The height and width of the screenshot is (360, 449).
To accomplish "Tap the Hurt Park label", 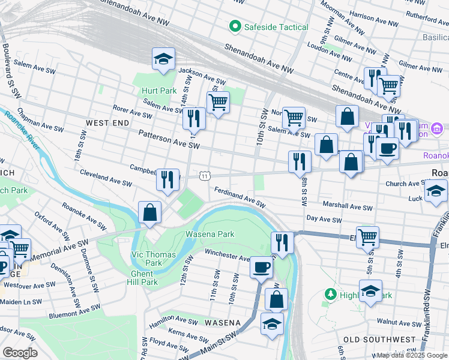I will pyautogui.click(x=159, y=91).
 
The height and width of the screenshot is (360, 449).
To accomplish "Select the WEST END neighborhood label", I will pyautogui.click(x=107, y=122).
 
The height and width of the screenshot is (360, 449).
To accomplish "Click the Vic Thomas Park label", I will pyautogui.click(x=154, y=259).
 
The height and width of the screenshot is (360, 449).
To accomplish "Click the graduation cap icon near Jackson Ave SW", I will pyautogui.click(x=163, y=59).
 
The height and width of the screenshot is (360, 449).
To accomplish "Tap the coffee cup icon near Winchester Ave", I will pyautogui.click(x=261, y=266).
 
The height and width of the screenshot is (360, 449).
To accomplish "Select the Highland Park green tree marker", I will pyautogui.click(x=330, y=295).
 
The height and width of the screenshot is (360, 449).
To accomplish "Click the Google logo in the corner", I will pyautogui.click(x=20, y=353).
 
